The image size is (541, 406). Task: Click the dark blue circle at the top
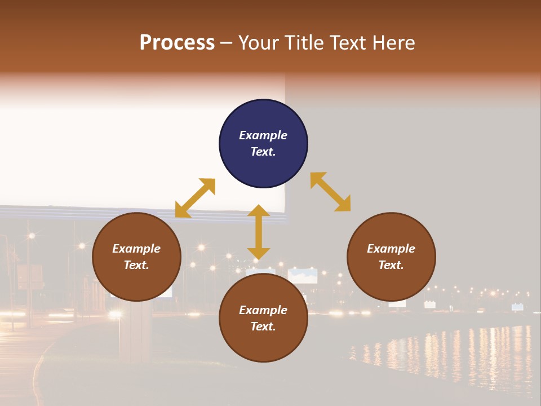click(x=263, y=144)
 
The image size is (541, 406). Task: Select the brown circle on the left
click(x=136, y=257)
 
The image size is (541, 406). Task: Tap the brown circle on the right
click(x=391, y=257)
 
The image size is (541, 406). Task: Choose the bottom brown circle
click(x=263, y=319)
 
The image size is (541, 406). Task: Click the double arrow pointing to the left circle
click(x=195, y=198)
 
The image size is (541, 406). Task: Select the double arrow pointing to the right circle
click(x=330, y=192)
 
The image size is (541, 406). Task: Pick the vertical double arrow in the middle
click(x=259, y=232)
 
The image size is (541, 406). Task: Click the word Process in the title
click(x=177, y=42)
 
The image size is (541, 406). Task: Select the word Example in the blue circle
click(x=263, y=135)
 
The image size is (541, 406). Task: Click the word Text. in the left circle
click(x=136, y=265)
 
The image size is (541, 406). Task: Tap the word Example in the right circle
click(x=391, y=249)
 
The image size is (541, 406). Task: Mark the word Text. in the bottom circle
click(x=263, y=326)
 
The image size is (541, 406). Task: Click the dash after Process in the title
click(x=226, y=43)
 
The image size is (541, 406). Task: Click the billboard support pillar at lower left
click(x=135, y=333)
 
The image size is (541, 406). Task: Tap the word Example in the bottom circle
click(x=263, y=310)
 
